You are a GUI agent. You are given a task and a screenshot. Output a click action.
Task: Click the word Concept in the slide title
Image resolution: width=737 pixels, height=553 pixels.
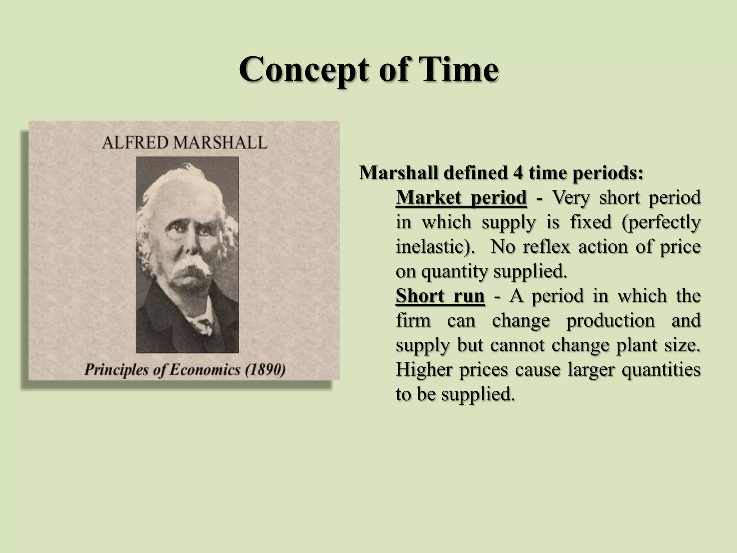tap(304, 70)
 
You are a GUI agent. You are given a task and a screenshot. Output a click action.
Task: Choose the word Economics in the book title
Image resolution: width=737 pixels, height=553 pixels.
tap(205, 370)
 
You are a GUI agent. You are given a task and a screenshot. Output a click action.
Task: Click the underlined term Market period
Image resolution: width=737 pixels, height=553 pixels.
tap(461, 197)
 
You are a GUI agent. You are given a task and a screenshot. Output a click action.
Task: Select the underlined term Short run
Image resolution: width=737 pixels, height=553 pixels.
tap(440, 296)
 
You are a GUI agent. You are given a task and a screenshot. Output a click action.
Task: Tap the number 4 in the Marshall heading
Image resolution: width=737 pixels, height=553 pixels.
tap(518, 173)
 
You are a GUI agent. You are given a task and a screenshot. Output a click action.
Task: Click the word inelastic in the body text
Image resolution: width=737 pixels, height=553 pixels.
tap(431, 247)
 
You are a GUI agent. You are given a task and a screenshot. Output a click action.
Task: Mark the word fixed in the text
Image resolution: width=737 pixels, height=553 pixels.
tap(591, 222)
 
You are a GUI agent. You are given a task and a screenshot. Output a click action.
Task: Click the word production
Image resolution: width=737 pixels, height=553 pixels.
tap(611, 320)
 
